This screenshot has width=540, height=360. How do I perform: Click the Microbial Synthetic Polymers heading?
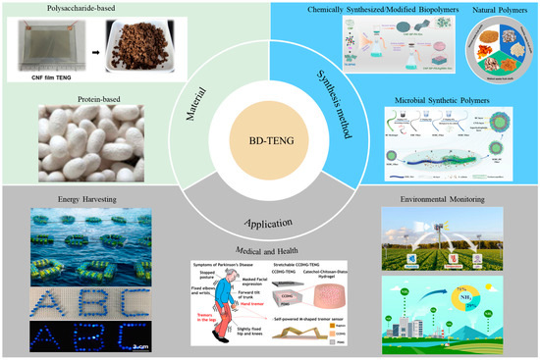(x=432, y=99)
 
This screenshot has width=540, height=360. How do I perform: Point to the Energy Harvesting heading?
(x=70, y=198)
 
